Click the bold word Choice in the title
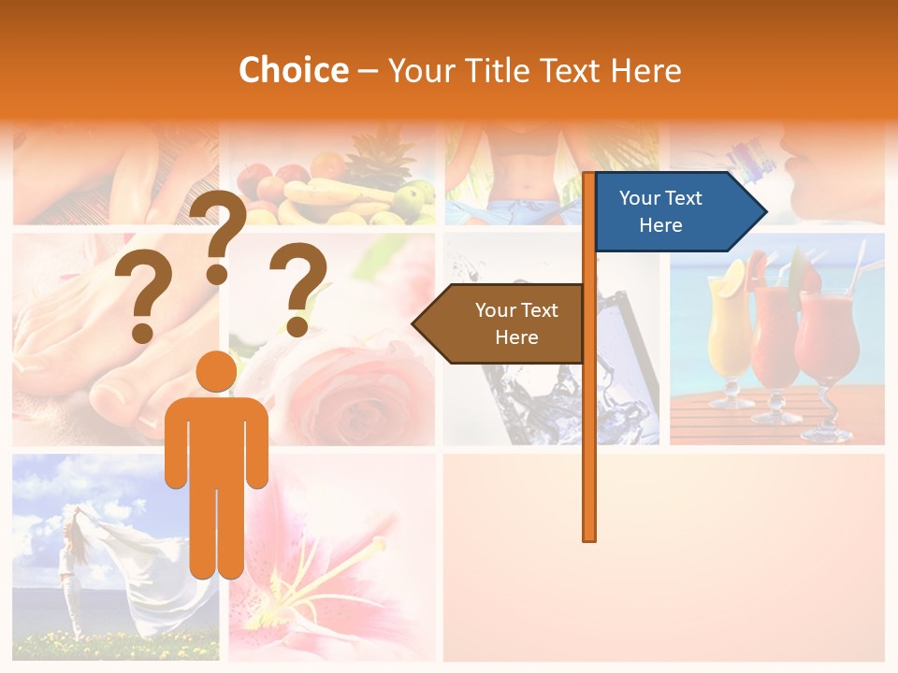[x=293, y=71]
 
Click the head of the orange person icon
[x=217, y=372]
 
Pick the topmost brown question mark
[x=218, y=234]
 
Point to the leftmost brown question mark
[x=142, y=299]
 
